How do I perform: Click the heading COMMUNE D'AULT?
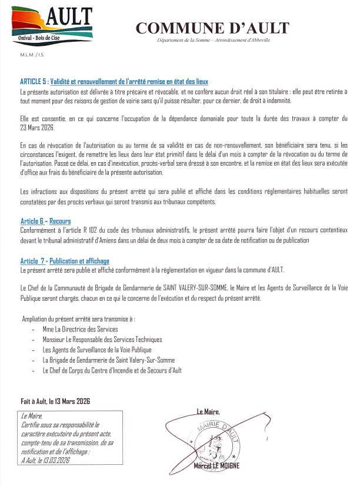coord(212,28)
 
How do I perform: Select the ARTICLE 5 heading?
coord(115,81)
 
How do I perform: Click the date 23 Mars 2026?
coord(38,127)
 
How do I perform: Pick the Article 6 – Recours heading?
coord(45,221)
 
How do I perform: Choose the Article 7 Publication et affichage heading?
coord(65,261)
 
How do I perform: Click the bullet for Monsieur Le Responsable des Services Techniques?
coord(102,340)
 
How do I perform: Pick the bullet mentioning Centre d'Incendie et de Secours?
coord(112,371)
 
